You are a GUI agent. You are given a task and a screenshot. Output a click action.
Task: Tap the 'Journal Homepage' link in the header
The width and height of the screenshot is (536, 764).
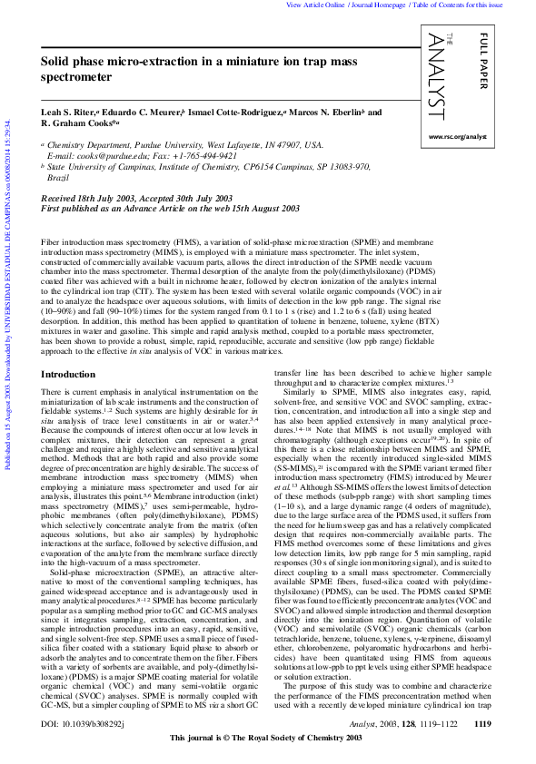pos(381,5)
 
